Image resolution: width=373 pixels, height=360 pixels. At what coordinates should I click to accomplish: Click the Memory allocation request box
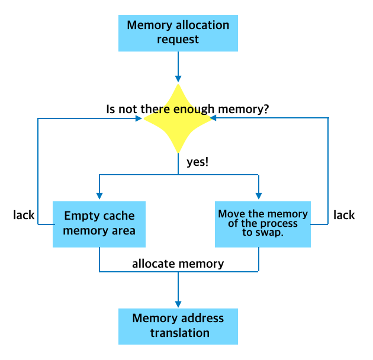pos(178,33)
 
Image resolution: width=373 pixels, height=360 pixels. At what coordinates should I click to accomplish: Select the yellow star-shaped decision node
pos(178,118)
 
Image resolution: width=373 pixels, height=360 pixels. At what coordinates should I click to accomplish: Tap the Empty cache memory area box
pos(99,224)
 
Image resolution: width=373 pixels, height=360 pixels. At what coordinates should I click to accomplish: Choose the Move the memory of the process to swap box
pos(263,224)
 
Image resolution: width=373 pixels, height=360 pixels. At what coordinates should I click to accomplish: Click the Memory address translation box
pos(178,326)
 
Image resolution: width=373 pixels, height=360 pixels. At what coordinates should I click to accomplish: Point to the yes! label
pos(197,162)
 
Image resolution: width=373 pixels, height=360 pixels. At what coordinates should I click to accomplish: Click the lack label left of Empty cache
pos(24,215)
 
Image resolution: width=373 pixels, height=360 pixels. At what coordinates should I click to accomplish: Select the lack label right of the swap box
pos(344,215)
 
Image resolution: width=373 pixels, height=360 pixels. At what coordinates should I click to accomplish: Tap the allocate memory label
pos(178,264)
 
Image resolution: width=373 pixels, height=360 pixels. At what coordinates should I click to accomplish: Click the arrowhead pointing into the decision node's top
pos(178,79)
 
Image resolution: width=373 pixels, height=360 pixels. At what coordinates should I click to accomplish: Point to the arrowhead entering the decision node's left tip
pos(139,118)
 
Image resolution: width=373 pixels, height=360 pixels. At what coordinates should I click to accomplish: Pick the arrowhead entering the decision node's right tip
pos(213,118)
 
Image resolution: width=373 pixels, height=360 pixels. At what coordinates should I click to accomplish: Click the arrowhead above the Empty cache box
pos(99,196)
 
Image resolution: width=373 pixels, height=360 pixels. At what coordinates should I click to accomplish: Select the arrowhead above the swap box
pos(259,196)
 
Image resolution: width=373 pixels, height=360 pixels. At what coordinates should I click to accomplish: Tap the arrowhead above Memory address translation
pos(178,304)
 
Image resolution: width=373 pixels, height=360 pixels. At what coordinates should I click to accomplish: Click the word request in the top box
pos(178,40)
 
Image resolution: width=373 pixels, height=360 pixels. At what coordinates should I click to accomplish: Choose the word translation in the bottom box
pos(180,333)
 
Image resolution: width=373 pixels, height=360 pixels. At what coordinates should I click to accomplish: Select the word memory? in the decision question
pos(243,110)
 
